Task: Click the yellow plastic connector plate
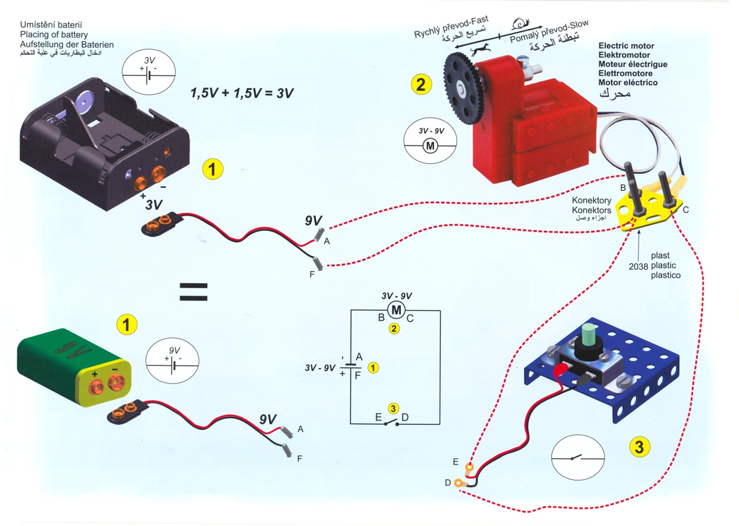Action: click(653, 206)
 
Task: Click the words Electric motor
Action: click(626, 46)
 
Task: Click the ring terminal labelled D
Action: click(459, 485)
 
